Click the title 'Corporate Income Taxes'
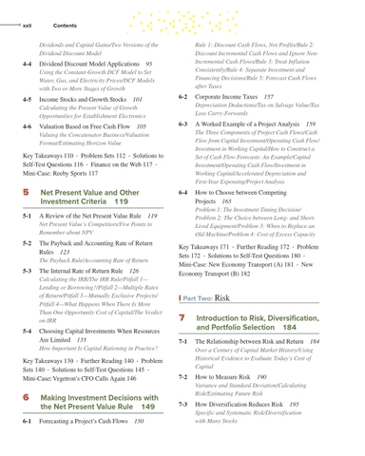click(239, 97)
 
